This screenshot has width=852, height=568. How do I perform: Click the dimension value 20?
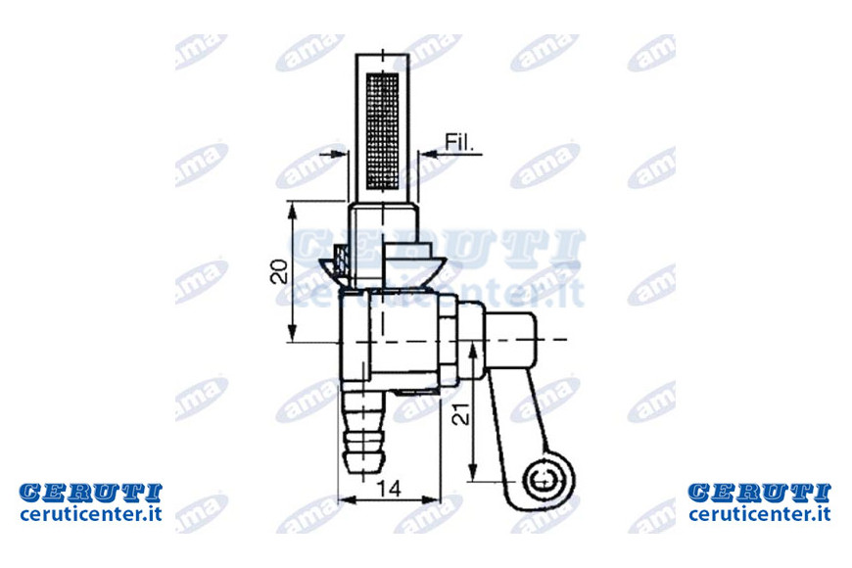point(279,271)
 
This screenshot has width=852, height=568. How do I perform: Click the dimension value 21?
point(461,412)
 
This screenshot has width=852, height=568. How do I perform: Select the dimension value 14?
point(390,489)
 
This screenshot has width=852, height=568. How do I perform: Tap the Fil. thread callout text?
point(459,142)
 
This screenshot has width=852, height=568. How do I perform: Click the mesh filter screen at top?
point(383,131)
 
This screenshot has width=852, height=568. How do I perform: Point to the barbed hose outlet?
point(363,432)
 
